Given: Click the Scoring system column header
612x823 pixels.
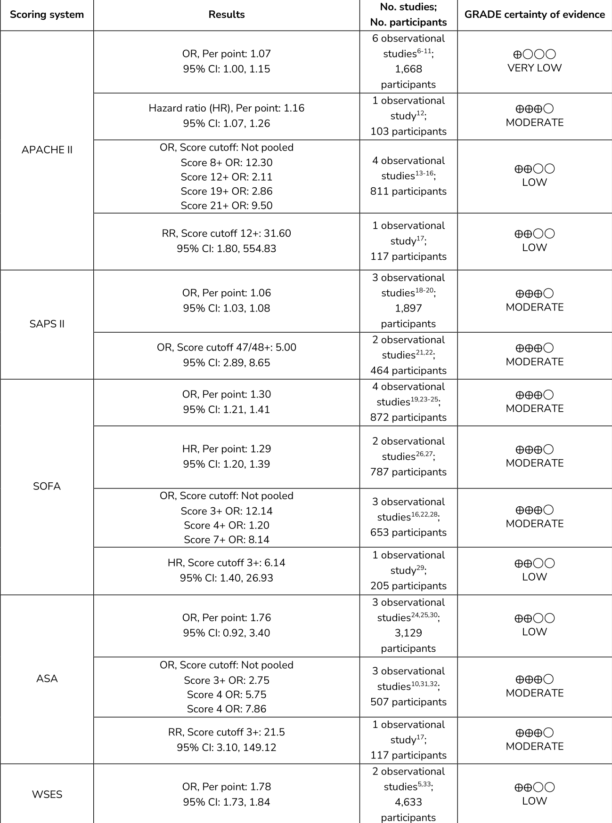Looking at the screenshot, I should (x=47, y=15).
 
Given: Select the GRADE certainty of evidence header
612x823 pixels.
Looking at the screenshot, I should (x=534, y=15).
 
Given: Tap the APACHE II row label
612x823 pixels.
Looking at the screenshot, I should (x=47, y=150).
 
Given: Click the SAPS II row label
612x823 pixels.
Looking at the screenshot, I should (x=47, y=324).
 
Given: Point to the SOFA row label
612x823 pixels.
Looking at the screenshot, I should (x=47, y=486).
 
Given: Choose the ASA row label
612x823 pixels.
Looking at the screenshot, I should (x=47, y=679).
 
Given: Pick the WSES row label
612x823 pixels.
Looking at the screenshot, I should (x=47, y=794).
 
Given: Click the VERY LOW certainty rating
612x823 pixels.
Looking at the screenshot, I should (x=534, y=68).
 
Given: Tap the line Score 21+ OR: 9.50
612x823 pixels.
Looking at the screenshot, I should (x=226, y=206).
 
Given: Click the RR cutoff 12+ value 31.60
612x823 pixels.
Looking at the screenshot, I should (x=226, y=233).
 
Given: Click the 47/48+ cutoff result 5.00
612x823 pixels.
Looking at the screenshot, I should (x=226, y=347).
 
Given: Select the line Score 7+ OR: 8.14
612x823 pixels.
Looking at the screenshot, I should (x=226, y=540).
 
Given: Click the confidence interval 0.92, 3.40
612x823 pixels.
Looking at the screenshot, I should (x=226, y=633).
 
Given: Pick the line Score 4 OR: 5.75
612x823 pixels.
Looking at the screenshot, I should (x=226, y=695).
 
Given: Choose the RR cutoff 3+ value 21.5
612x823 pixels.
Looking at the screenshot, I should (x=226, y=732).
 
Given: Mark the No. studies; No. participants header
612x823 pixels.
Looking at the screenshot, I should (x=408, y=15).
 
